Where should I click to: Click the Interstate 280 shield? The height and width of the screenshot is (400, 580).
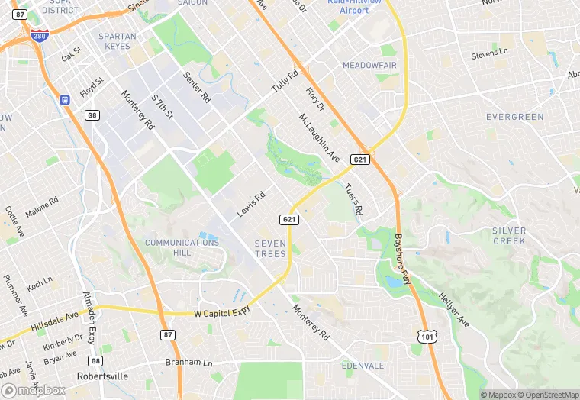pyautogui.click(x=39, y=36)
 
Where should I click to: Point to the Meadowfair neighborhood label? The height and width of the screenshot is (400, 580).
pyautogui.click(x=369, y=66)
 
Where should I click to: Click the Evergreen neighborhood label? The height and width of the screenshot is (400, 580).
pyautogui.click(x=515, y=117)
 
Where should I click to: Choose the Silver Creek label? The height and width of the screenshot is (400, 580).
pyautogui.click(x=509, y=235)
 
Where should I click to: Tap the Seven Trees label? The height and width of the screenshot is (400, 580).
pyautogui.click(x=270, y=249)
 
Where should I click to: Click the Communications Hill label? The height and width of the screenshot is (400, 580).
pyautogui.click(x=182, y=247)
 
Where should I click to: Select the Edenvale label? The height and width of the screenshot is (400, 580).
pyautogui.click(x=363, y=365)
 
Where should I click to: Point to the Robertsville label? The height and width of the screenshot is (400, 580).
pyautogui.click(x=102, y=377)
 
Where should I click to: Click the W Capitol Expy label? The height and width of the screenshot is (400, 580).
pyautogui.click(x=223, y=313)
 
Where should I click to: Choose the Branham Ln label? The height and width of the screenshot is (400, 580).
pyautogui.click(x=187, y=363)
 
